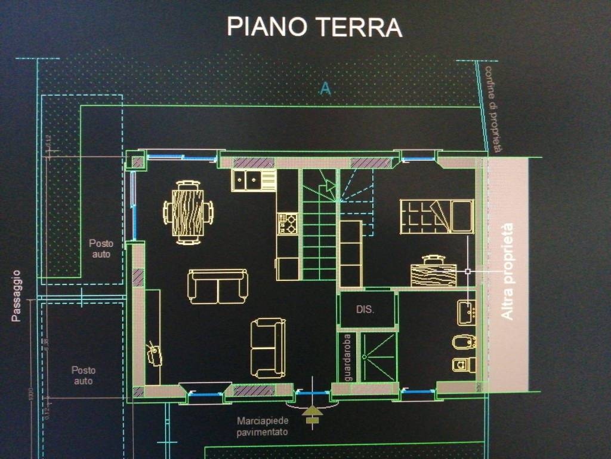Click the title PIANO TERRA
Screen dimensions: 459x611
(x=314, y=27)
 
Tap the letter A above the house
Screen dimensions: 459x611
(x=325, y=88)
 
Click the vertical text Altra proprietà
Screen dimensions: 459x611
(x=507, y=271)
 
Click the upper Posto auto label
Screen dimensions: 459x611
(x=100, y=249)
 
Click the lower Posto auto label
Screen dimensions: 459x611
(x=83, y=375)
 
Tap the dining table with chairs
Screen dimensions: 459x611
(x=188, y=212)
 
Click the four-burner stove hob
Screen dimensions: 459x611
(x=288, y=224)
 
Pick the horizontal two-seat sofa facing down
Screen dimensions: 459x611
(x=217, y=286)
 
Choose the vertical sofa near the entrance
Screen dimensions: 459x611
(x=268, y=347)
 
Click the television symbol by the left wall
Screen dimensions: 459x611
(x=155, y=353)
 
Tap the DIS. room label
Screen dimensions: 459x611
(x=365, y=310)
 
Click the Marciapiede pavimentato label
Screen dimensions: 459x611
(x=262, y=426)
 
